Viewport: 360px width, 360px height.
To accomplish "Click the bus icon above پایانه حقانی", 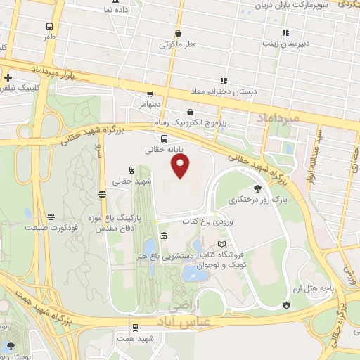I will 164,138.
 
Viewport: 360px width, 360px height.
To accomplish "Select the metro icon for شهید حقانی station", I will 131,169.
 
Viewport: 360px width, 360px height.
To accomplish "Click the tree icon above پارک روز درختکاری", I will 257,188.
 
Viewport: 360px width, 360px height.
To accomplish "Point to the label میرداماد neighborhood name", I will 279,117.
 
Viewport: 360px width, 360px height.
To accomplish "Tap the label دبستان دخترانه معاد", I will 226,91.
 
